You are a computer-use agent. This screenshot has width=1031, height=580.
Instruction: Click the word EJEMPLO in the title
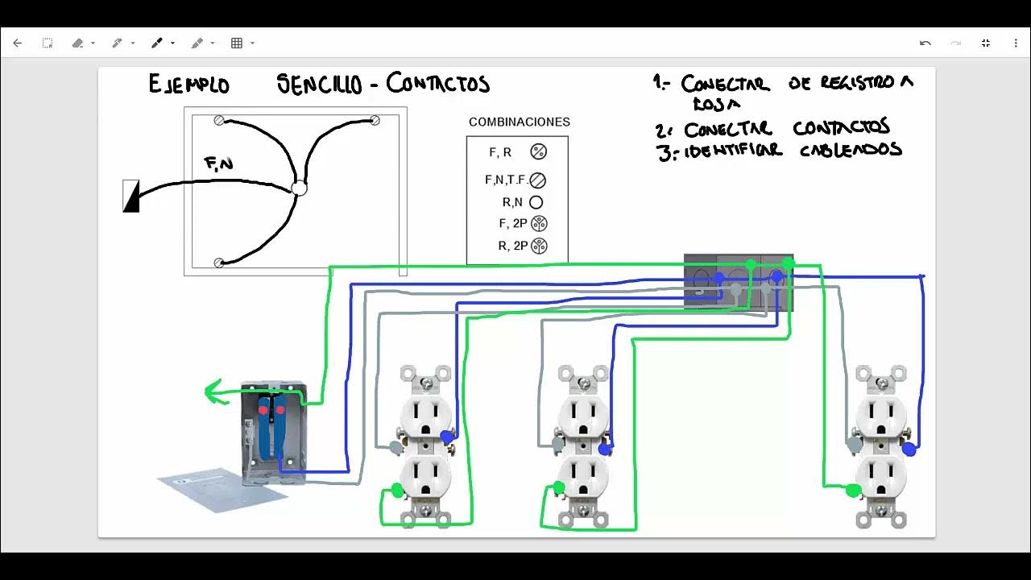188,85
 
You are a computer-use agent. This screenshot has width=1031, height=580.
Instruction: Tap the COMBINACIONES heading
520,122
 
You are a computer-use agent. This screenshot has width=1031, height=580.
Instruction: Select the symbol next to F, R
538,151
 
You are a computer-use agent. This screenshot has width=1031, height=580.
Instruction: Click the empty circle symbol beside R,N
536,203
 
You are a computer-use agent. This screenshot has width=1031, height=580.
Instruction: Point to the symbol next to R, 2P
540,246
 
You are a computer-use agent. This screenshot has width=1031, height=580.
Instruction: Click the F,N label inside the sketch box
219,164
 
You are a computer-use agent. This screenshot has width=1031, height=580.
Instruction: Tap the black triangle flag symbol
130,197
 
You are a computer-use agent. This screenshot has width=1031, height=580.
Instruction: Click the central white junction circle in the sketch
299,188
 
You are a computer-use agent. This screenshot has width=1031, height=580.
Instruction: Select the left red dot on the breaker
263,410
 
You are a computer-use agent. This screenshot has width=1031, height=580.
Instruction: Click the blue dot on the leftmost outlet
447,437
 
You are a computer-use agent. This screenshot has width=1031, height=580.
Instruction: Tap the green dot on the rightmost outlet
853,490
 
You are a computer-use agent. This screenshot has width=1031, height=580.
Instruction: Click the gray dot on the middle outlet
557,444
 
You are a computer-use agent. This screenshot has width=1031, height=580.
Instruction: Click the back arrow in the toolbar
18,43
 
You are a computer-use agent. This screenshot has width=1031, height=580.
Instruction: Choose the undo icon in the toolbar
925,43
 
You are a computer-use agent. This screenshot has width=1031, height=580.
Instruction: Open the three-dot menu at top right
1016,43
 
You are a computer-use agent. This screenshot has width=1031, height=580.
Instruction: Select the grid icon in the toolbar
237,43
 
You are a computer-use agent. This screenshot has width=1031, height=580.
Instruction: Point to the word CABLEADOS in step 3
850,151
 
